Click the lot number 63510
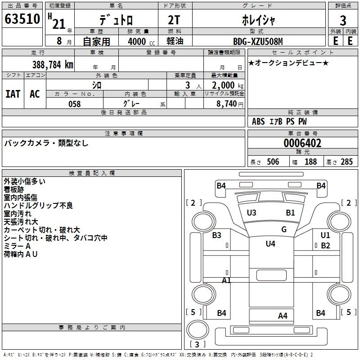coord(22,19)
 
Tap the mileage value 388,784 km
coord(53,65)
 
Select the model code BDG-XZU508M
coord(258,41)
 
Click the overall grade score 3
coord(343,20)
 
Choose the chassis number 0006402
coord(302,143)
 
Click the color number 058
coord(75,104)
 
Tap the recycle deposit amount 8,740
coord(227,103)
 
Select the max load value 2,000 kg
coord(228,85)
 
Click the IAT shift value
coord(13,94)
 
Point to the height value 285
coord(346,162)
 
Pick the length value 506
coord(273,162)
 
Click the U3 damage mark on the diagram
coord(252,212)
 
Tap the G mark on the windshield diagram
coord(284,229)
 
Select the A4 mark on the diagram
coord(283,316)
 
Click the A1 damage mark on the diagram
coord(226,280)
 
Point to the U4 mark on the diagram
coord(270,243)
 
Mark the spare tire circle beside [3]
coord(198,329)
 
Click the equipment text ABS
coord(258,121)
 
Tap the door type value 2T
coord(174,20)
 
